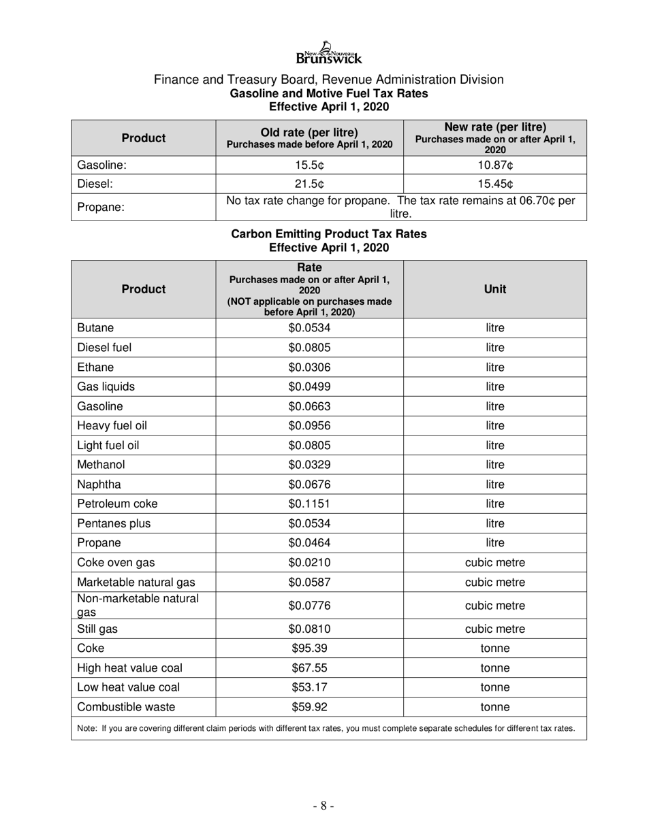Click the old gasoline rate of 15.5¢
click(x=309, y=165)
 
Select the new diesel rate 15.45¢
click(x=494, y=184)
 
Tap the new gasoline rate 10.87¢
click(x=494, y=165)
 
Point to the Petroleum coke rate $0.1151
click(x=309, y=504)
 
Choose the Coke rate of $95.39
click(x=309, y=649)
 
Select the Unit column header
click(x=494, y=289)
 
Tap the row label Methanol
click(x=101, y=465)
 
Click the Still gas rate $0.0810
click(x=309, y=629)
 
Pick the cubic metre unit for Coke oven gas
click(x=494, y=563)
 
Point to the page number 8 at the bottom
click(x=323, y=806)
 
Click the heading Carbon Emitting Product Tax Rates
click(x=329, y=234)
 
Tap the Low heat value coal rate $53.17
click(x=309, y=687)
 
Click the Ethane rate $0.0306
click(x=309, y=367)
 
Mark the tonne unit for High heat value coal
click(x=494, y=668)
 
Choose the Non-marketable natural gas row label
click(x=138, y=605)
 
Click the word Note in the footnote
click(x=86, y=728)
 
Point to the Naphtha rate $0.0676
click(x=309, y=485)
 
